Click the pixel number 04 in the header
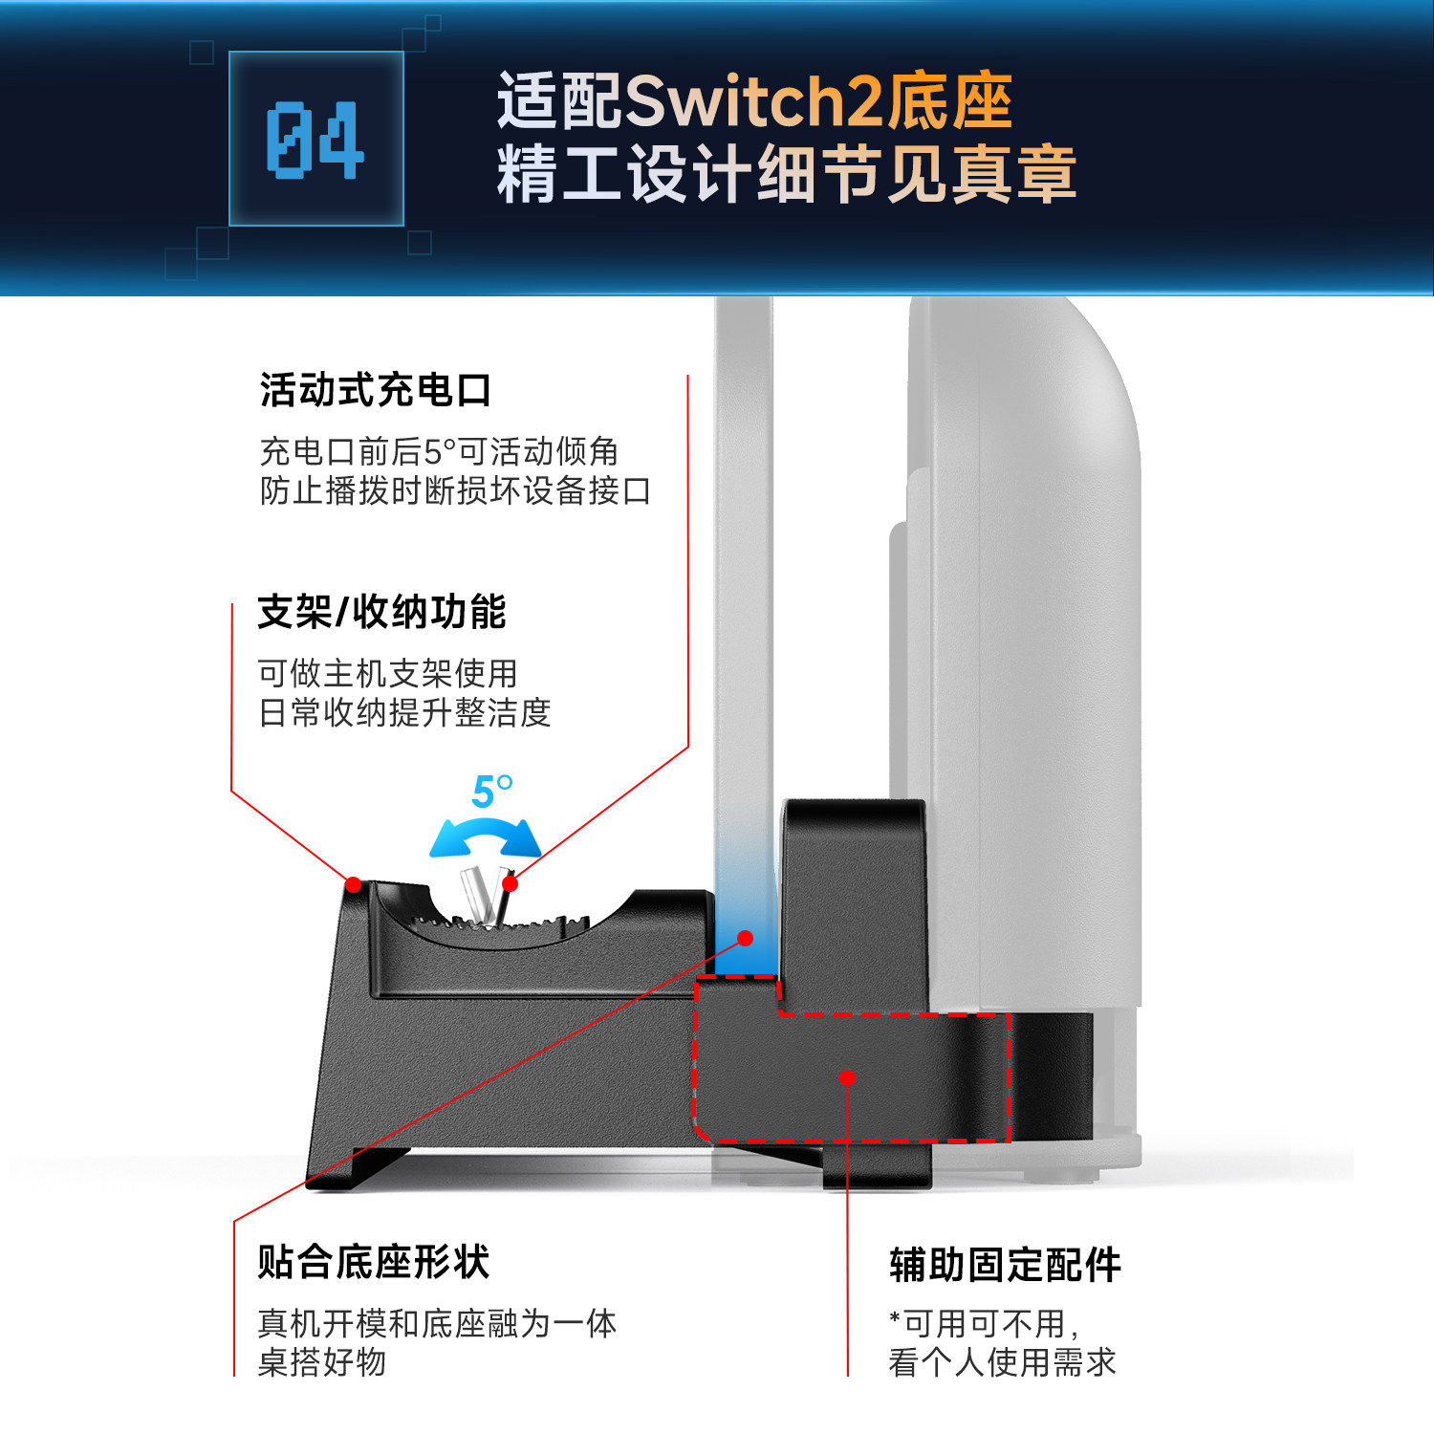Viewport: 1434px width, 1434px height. click(315, 140)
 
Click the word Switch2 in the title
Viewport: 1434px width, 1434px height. click(754, 101)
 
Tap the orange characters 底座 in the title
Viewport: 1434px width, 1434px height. click(948, 101)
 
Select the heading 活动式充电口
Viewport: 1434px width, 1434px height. click(376, 390)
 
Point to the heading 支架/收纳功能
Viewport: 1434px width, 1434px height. click(381, 612)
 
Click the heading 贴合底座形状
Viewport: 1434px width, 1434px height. click(374, 1262)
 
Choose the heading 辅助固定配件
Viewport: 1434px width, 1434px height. click(1005, 1264)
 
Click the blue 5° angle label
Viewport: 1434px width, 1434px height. click(491, 792)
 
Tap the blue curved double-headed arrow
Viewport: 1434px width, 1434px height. click(485, 836)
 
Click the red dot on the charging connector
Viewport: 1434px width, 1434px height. click(511, 883)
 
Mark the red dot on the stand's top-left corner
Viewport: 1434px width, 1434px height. click(354, 885)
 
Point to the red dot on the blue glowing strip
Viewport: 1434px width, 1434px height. click(746, 939)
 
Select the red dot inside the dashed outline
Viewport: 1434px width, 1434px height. click(847, 1078)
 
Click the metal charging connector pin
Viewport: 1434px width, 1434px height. click(476, 895)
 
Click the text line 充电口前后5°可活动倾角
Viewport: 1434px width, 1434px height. click(439, 451)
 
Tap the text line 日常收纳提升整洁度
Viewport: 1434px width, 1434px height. click(404, 712)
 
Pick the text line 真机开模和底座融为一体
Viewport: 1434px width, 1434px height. click(437, 1323)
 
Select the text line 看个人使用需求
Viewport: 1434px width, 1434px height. click(1002, 1362)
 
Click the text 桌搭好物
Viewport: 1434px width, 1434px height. click(322, 1362)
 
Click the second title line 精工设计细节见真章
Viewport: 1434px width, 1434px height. click(786, 174)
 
